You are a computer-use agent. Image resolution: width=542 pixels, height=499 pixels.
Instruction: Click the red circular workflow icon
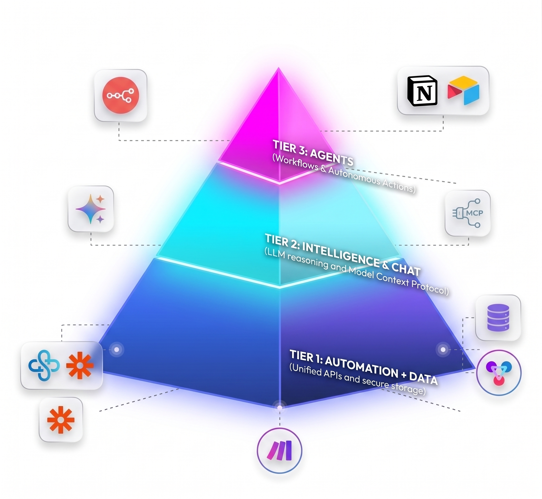coord(121,95)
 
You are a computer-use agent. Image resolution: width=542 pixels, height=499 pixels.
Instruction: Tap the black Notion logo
coord(422,91)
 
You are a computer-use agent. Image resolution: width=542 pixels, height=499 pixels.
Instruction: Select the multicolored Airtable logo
coord(463,91)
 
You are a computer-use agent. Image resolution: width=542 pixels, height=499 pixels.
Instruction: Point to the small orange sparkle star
coord(100,199)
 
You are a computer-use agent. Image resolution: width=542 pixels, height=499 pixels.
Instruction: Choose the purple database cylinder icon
coord(498,318)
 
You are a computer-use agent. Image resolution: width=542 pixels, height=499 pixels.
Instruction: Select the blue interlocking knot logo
coord(44,365)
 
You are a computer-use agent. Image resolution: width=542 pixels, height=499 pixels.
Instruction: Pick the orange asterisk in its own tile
coord(61,420)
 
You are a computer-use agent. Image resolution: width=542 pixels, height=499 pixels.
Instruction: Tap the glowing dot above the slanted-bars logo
coord(280,407)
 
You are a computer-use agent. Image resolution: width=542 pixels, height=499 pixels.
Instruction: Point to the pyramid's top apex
coord(279,67)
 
